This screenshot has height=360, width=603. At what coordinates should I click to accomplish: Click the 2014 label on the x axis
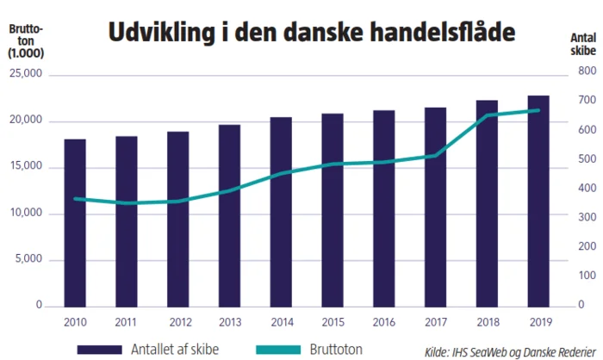281,320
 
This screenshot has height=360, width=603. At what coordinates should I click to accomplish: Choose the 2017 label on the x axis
435,320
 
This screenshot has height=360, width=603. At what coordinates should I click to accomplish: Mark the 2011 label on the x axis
127,320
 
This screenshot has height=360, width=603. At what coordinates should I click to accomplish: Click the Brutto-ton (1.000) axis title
26,42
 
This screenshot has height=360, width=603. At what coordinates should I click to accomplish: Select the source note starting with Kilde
505,350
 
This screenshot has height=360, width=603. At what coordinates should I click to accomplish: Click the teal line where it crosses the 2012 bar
178,202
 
